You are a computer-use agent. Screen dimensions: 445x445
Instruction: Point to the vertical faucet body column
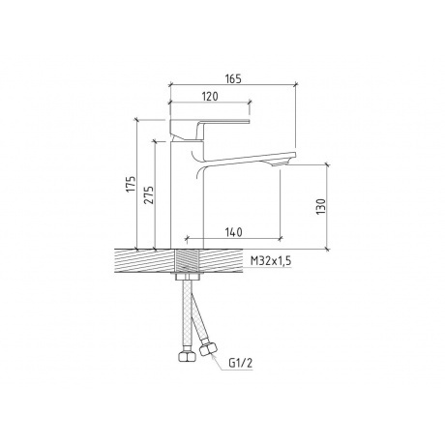click(x=188, y=193)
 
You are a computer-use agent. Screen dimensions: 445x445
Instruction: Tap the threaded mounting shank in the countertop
click(x=188, y=260)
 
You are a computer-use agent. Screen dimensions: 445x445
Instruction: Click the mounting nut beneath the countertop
click(x=188, y=280)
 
